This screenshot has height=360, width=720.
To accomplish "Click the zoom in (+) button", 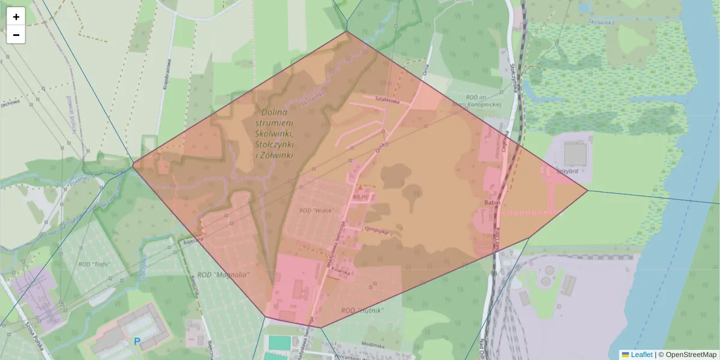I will point(16,17).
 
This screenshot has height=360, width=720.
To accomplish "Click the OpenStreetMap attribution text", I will point(687,355).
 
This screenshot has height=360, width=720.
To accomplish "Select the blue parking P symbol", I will point(137,341).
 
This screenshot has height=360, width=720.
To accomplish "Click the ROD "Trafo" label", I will point(92,264).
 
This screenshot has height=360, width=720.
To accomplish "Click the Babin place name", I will point(493,203).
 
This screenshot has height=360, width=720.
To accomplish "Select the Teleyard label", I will point(567,170).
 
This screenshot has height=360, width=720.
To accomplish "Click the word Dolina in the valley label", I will point(274,112).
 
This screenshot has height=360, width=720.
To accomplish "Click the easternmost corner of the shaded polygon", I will point(587,191).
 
